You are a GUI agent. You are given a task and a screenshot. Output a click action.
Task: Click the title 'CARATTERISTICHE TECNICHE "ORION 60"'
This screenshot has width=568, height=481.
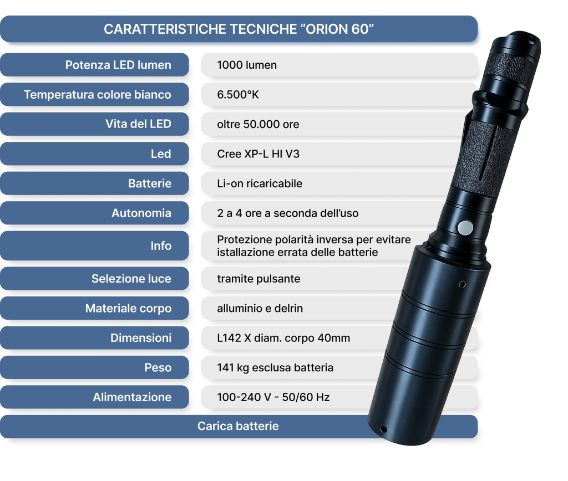pyautogui.click(x=239, y=29)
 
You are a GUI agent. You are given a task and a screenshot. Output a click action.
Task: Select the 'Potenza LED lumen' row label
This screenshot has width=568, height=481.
pyautogui.click(x=118, y=65)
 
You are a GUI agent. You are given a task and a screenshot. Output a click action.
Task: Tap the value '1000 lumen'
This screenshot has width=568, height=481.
pyautogui.click(x=247, y=65)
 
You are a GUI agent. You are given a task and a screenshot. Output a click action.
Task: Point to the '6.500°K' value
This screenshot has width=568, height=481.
pyautogui.click(x=238, y=94)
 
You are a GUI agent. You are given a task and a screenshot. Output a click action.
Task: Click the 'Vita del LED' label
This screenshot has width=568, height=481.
pyautogui.click(x=138, y=124)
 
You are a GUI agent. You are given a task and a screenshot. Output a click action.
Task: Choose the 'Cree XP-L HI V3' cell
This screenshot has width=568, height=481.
pyautogui.click(x=258, y=154)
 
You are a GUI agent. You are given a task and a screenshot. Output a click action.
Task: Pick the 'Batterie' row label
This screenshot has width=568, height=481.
pyautogui.click(x=150, y=183)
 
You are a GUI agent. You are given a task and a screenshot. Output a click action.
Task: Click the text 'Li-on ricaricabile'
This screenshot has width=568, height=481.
pyautogui.click(x=260, y=183)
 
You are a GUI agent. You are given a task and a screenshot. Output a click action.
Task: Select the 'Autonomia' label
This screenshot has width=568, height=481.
pyautogui.click(x=141, y=213)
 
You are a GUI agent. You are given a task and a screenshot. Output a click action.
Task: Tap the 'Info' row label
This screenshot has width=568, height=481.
pyautogui.click(x=161, y=245)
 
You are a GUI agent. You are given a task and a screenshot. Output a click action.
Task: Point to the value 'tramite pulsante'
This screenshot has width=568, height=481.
pyautogui.click(x=258, y=279)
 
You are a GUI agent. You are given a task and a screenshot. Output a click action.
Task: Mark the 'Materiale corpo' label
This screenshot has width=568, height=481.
pyautogui.click(x=128, y=308)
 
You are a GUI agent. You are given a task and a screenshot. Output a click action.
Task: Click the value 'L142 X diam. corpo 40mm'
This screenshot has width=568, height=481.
pyautogui.click(x=283, y=338)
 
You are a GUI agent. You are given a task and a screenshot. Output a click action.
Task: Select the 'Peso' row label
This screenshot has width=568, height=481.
pyautogui.click(x=158, y=367)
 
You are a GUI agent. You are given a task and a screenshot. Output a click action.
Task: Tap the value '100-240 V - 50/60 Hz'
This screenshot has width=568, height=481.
pyautogui.click(x=273, y=397)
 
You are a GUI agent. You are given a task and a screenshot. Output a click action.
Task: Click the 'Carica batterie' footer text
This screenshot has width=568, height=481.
pyautogui.click(x=238, y=426)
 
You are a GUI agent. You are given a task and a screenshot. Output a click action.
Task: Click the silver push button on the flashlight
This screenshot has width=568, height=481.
pyautogui.click(x=465, y=228)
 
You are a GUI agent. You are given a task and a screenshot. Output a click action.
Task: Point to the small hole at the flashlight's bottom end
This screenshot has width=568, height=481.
pyautogui.click(x=384, y=429)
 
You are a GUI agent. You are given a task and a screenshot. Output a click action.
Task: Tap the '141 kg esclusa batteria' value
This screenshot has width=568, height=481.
pyautogui.click(x=275, y=367)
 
